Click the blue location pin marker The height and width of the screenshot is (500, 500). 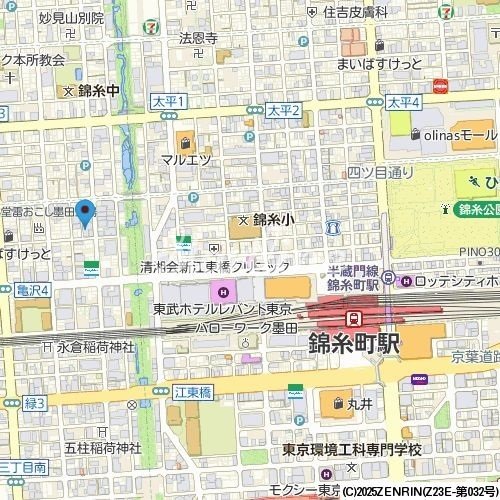[x=85, y=213]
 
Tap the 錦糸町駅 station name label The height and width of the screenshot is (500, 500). [x=353, y=344]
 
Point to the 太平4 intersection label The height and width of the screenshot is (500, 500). [x=405, y=103]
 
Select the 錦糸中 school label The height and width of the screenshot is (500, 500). [x=97, y=91]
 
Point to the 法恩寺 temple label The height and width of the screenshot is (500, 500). [x=198, y=38]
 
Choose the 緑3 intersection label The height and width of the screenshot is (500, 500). [x=36, y=403]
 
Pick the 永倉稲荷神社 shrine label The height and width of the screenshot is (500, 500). [x=95, y=347]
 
